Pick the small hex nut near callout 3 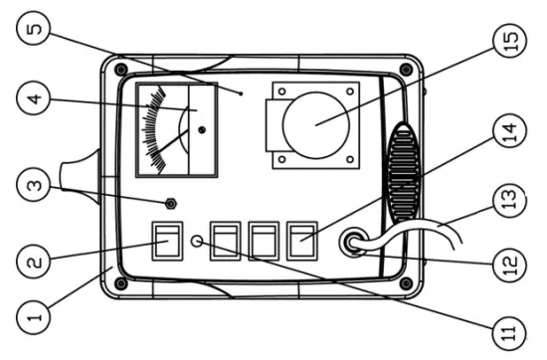point(171,204)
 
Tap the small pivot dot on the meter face point(202,130)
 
